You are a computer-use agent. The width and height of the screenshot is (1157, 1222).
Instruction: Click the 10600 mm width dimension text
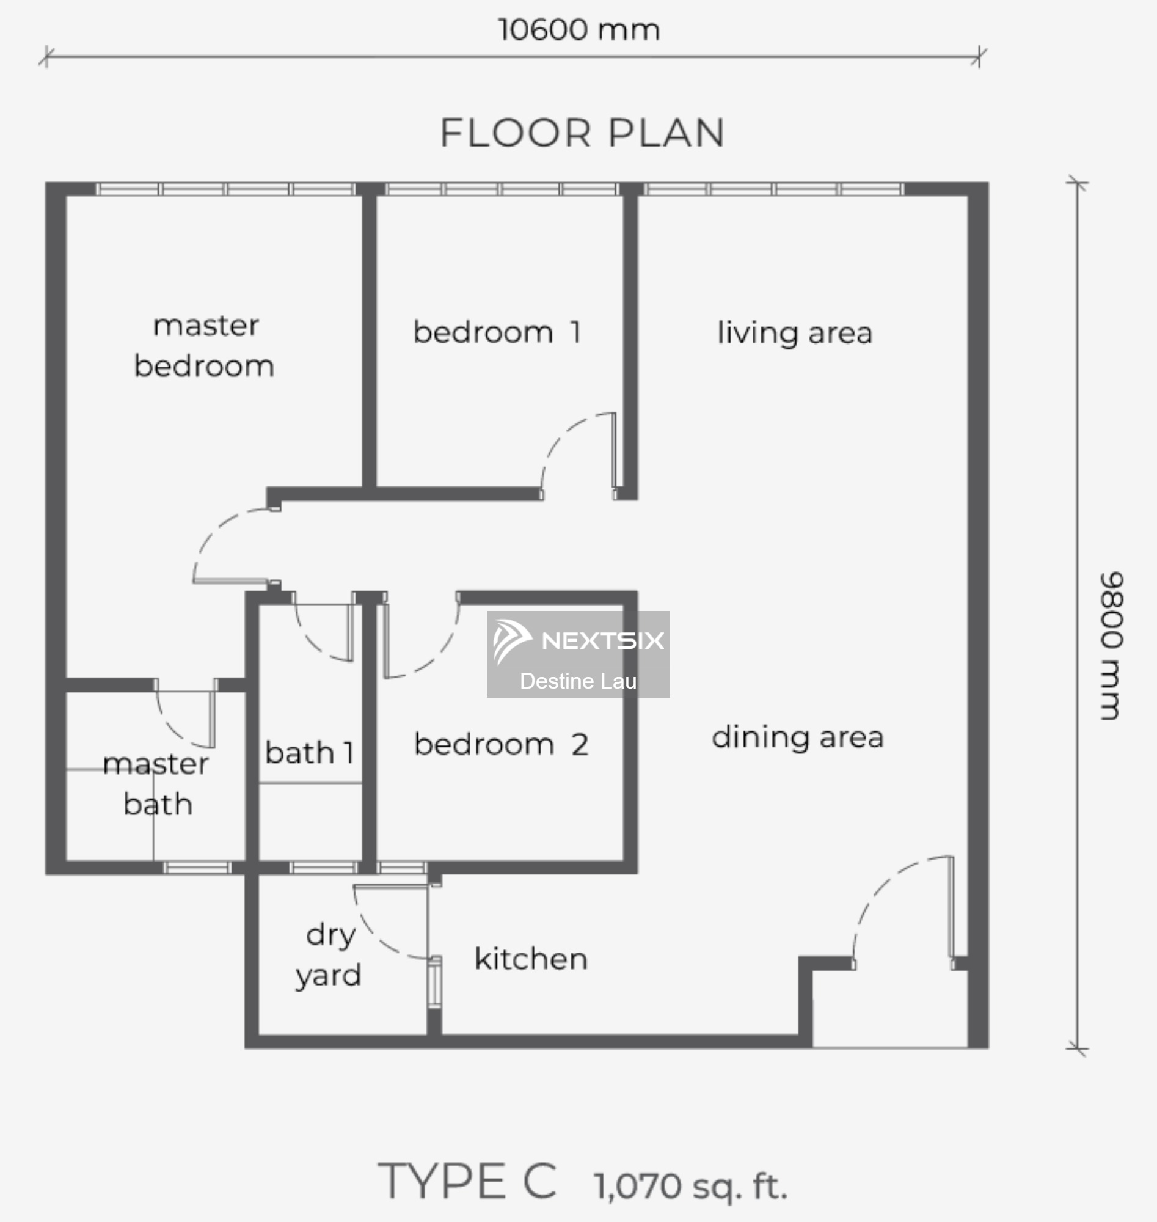click(578, 30)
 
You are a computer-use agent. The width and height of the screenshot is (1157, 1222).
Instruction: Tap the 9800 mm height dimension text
click(1111, 645)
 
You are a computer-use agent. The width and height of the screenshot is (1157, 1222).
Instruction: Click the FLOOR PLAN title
click(582, 133)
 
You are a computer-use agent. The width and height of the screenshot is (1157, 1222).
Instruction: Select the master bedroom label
click(204, 345)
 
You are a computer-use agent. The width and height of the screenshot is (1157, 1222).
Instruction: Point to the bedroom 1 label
click(497, 332)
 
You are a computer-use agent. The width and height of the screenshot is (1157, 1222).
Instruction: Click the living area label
click(794, 333)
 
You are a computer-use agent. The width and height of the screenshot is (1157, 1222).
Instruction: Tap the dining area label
click(797, 737)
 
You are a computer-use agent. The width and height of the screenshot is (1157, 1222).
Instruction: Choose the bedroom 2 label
click(501, 744)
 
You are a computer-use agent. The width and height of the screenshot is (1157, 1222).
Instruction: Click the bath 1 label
click(310, 752)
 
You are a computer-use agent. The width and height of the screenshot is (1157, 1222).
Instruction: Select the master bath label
click(156, 784)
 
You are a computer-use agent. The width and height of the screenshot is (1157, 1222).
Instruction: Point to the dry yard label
click(328, 956)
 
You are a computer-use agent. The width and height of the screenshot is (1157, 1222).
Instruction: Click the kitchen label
click(530, 959)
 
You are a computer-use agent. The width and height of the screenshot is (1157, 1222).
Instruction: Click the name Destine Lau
click(578, 681)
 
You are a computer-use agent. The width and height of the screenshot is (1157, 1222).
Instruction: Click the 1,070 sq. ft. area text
click(690, 1185)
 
